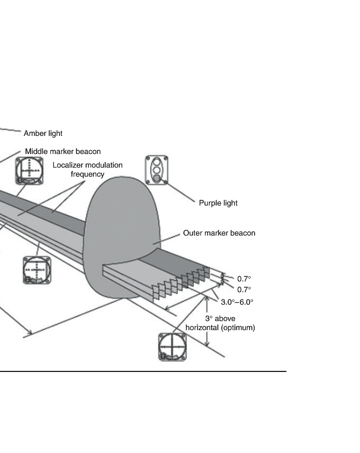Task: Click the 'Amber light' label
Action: point(43,133)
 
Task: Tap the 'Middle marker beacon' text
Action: point(63,151)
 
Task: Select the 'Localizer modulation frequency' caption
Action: point(88,169)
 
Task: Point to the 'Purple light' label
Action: point(218,203)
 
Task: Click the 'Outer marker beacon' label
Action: point(219,233)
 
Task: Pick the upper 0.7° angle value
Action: point(244,279)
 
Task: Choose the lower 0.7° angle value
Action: point(244,289)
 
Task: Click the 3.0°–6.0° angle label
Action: point(237,302)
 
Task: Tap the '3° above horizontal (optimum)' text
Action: point(220,323)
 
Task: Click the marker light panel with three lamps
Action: point(157,170)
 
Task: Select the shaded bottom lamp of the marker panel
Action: point(156,178)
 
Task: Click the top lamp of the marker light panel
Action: point(156,161)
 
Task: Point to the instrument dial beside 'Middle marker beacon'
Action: point(29,171)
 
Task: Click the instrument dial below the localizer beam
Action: point(37,270)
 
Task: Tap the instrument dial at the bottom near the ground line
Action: point(172,347)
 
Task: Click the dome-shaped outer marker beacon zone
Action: point(121,231)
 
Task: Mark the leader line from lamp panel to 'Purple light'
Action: point(181,193)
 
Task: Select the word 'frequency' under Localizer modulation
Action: point(88,174)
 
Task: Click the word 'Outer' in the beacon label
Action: point(192,233)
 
